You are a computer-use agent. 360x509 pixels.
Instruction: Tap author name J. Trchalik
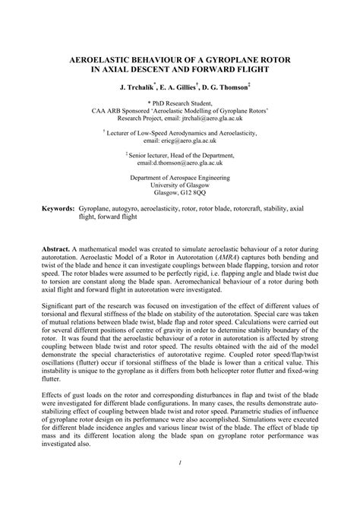pos(138,88)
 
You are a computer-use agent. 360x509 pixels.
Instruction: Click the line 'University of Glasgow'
pos(180,185)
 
